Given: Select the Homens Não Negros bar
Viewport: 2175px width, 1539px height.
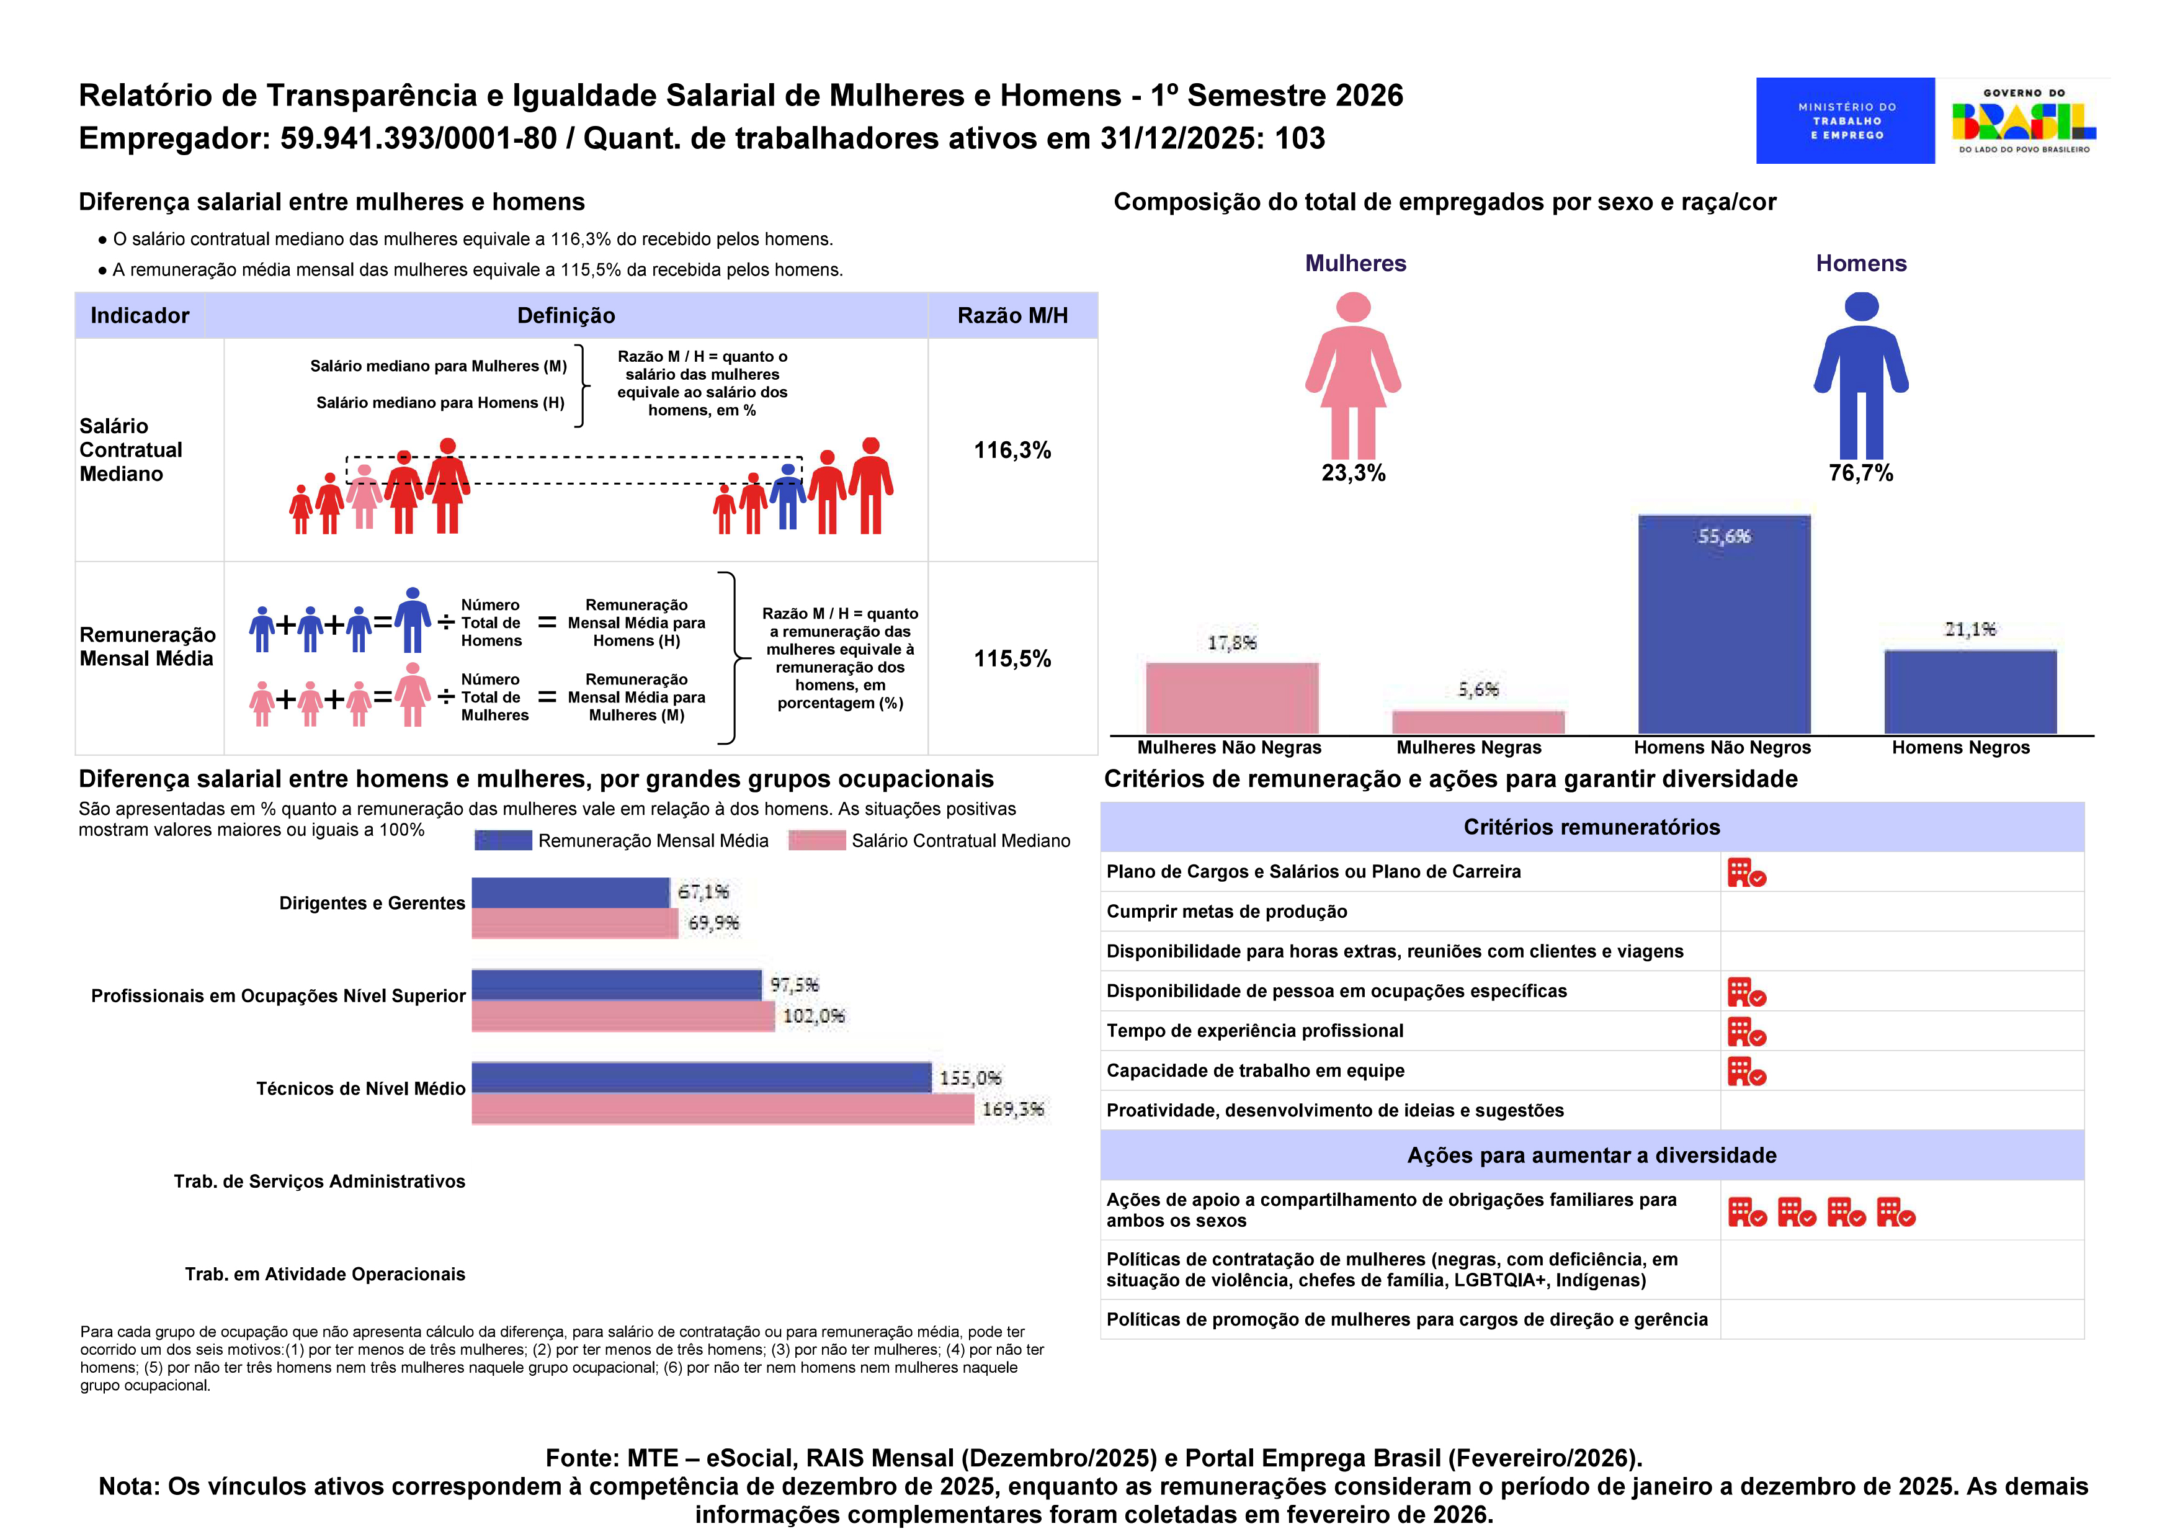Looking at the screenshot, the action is click(x=1724, y=624).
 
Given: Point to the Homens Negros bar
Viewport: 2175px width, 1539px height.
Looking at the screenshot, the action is click(x=1970, y=692).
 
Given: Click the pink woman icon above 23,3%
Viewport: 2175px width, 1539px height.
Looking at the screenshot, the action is click(x=1353, y=375).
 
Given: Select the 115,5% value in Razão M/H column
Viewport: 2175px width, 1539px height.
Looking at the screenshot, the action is click(x=1012, y=658).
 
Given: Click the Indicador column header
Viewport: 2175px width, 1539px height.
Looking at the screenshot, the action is click(x=140, y=316).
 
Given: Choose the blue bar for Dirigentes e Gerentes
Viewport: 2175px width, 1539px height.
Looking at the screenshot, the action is click(x=570, y=893).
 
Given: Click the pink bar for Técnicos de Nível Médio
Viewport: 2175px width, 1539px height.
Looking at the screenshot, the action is click(x=723, y=1109).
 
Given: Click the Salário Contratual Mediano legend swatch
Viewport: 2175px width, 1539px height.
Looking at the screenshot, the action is click(x=816, y=841).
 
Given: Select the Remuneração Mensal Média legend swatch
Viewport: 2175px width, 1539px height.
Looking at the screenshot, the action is click(x=503, y=841).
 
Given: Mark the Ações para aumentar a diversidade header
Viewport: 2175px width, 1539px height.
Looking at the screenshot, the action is click(x=1591, y=1155).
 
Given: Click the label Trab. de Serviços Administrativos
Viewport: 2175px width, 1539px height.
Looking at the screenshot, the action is click(x=319, y=1182).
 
